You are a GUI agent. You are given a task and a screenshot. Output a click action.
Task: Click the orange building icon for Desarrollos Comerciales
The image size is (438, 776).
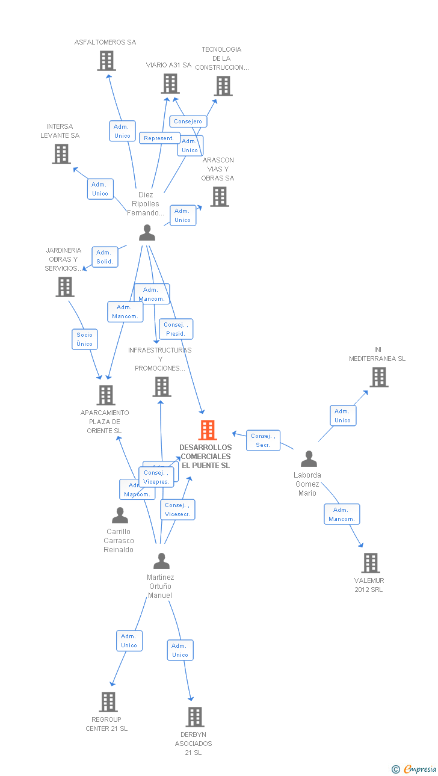click(208, 430)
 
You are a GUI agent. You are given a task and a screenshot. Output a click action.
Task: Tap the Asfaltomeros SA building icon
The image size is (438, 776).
click(106, 61)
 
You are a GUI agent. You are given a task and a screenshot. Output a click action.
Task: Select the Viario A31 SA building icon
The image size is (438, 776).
click(170, 84)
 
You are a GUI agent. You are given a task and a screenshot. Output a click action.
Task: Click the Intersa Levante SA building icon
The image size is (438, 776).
click(61, 154)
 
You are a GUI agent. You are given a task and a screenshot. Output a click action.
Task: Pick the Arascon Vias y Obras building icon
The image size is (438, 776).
click(220, 197)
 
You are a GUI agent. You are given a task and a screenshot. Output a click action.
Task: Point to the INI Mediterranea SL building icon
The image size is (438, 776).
click(378, 377)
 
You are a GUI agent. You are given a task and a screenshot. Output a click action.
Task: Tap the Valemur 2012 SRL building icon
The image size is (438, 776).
click(370, 563)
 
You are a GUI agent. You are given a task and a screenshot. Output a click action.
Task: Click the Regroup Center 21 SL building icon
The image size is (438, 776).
click(108, 702)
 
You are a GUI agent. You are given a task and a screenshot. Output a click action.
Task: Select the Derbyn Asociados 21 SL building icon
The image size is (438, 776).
click(194, 717)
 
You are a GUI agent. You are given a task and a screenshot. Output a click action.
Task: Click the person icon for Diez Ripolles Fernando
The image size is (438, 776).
click(147, 233)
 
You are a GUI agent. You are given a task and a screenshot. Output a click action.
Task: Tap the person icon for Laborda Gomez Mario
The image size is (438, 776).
click(309, 459)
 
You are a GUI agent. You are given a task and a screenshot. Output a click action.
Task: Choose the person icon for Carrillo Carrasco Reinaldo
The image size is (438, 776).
click(120, 516)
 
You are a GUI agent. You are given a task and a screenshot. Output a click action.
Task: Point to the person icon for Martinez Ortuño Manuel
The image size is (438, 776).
click(161, 561)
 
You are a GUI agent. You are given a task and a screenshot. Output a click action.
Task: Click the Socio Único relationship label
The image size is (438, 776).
click(85, 339)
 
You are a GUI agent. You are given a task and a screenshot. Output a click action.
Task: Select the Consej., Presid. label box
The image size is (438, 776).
click(176, 329)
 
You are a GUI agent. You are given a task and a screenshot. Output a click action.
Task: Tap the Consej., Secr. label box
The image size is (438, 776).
click(263, 440)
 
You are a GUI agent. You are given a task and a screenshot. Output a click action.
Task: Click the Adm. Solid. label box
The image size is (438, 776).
click(105, 257)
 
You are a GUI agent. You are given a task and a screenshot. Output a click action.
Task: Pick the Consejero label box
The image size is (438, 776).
click(188, 122)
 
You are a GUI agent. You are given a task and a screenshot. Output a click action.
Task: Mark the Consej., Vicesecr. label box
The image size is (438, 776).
click(177, 510)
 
